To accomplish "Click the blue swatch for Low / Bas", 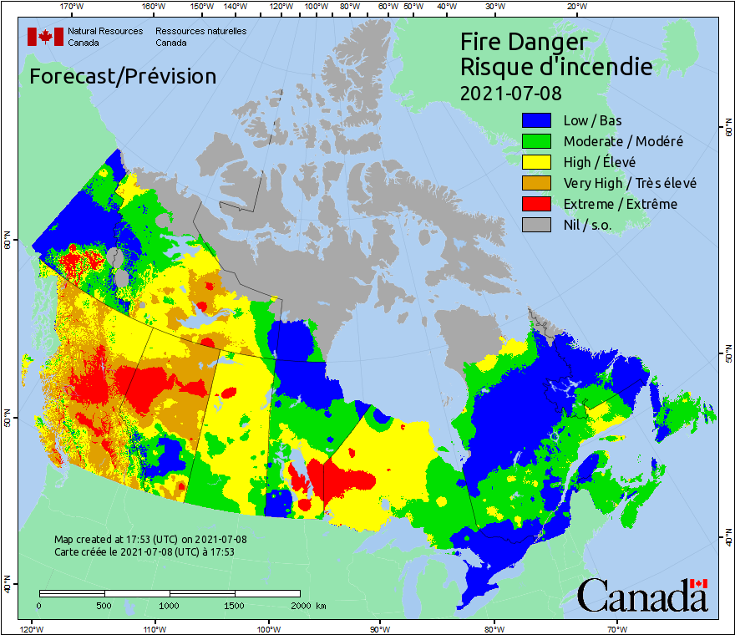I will pyautogui.click(x=538, y=121).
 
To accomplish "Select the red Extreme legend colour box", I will pyautogui.click(x=538, y=204).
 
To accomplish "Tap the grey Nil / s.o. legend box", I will pyautogui.click(x=538, y=225).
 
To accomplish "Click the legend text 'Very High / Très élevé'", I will pyautogui.click(x=630, y=183).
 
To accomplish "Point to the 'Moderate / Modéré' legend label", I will pyautogui.click(x=623, y=142).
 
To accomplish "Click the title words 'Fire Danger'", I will pyautogui.click(x=524, y=42).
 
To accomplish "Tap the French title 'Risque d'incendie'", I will pyautogui.click(x=556, y=67).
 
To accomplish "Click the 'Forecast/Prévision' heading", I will pyautogui.click(x=123, y=77).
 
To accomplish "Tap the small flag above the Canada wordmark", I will pyautogui.click(x=698, y=583).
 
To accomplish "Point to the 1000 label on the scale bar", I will pyautogui.click(x=170, y=605).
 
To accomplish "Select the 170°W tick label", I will pyautogui.click(x=73, y=7).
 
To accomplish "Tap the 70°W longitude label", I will pyautogui.click(x=616, y=628).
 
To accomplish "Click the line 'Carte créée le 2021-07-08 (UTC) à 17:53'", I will pyautogui.click(x=144, y=552).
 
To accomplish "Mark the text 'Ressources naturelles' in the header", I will pyautogui.click(x=200, y=31).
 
